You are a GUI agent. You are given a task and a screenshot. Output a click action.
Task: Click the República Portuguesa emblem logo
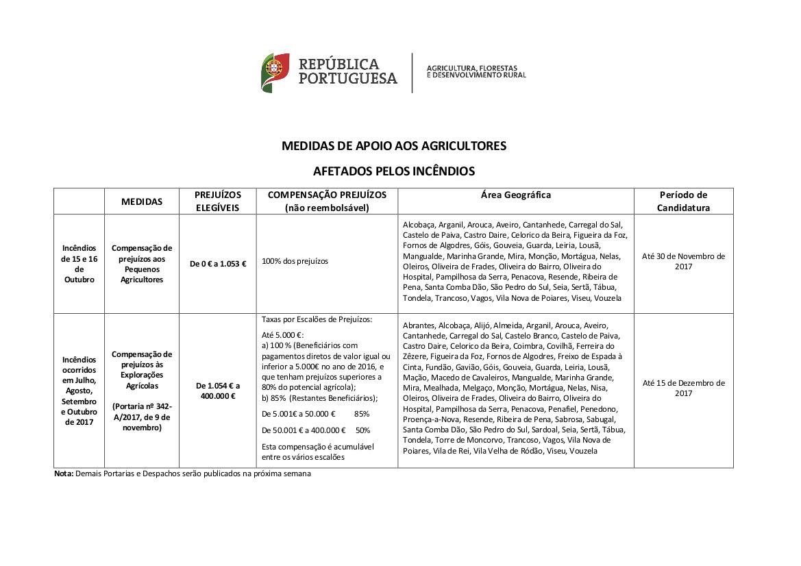point(275,73)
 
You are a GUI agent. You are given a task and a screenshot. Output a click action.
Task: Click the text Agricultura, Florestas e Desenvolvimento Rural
point(477,71)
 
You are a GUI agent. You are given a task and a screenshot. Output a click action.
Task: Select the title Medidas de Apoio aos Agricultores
point(394,146)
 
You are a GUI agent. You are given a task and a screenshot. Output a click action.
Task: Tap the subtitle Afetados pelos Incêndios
point(394,171)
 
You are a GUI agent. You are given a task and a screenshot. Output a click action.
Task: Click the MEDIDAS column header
point(142,201)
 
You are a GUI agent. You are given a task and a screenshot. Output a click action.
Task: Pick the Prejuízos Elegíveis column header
point(217,201)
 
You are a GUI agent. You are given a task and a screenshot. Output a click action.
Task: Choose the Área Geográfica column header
point(515,195)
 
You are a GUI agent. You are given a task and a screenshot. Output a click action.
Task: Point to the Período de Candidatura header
point(682,201)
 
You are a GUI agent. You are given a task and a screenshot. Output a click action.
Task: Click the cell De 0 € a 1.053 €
point(218,264)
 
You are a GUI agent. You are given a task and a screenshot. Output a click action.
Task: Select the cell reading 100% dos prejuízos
point(295,261)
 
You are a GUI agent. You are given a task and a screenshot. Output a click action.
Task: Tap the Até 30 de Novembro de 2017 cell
point(683,261)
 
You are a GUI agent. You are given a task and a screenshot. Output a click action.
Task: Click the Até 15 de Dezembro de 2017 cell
point(683,388)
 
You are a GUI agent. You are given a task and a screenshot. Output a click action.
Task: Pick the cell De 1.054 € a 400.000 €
point(218,391)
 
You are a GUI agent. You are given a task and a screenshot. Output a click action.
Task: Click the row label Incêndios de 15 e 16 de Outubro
point(79,264)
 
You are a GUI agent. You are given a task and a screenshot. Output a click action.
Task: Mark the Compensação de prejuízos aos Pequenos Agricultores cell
point(142,264)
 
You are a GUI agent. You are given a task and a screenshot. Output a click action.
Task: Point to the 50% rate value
point(363,430)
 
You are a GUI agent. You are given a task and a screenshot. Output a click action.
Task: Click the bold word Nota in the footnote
point(63,473)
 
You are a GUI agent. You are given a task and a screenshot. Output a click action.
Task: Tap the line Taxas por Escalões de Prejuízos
point(317,320)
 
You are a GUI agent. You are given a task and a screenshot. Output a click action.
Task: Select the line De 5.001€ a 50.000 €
point(299,414)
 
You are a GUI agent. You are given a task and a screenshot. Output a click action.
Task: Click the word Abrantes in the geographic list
point(418,325)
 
